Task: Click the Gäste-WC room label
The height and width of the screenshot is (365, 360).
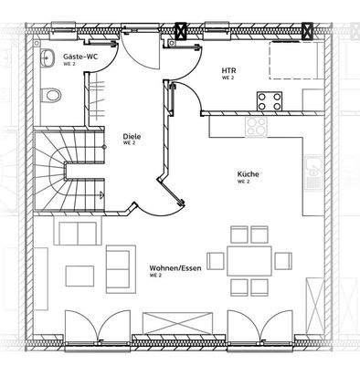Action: (79, 57)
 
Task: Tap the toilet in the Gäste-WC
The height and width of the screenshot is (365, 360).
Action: (54, 93)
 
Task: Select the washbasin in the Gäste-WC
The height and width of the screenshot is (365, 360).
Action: (48, 58)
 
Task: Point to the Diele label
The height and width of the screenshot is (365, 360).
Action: (131, 137)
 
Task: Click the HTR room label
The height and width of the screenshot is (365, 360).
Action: (228, 69)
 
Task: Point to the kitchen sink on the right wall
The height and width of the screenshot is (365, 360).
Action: (312, 170)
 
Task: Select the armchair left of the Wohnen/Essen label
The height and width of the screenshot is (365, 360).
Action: (118, 259)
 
